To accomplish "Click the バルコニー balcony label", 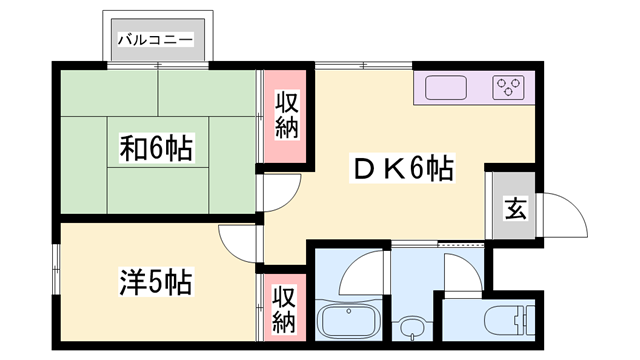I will (159, 41).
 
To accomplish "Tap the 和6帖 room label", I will (157, 150).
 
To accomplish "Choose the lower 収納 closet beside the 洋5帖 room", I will (284, 309).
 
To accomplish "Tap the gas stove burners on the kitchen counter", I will (510, 88).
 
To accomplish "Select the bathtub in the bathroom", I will (350, 323).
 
